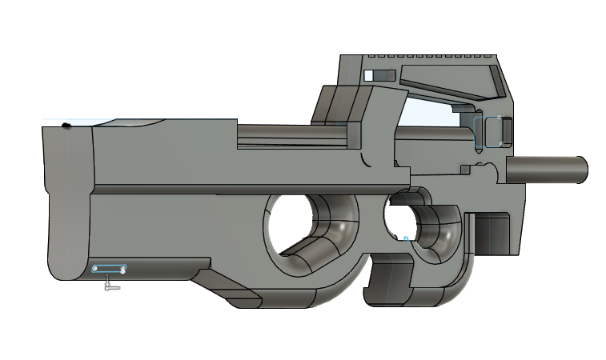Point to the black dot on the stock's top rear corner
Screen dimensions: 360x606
coord(66,126)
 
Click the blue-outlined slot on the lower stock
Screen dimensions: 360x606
coord(110,269)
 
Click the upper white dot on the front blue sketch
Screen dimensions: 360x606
coord(499,119)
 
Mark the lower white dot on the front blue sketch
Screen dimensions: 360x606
coord(499,142)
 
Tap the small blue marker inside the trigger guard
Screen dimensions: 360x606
coord(407,238)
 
